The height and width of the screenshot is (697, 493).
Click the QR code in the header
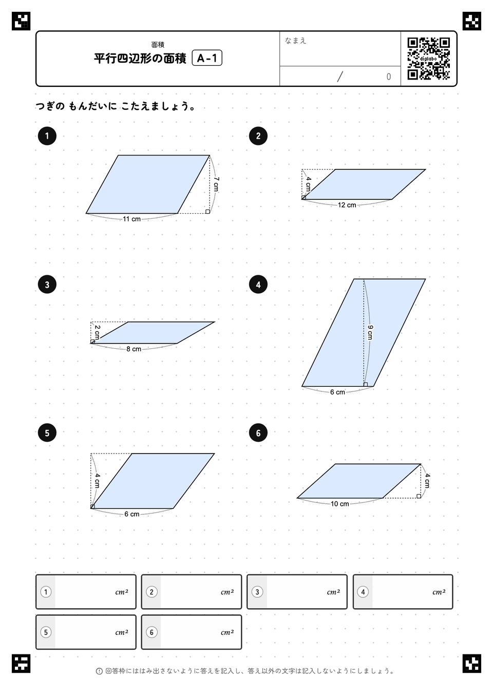pos(429,59)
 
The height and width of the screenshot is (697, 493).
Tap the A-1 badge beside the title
pos(207,58)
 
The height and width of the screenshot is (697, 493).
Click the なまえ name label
pos(295,41)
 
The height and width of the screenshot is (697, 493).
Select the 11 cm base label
pos(131,219)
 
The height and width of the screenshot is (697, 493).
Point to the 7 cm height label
pos(216,184)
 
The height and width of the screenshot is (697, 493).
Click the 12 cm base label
pos(347,205)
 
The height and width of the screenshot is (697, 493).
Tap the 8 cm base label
pos(134,349)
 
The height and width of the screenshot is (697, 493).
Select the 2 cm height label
pos(98,332)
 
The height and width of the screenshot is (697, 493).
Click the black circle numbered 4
pos(258,285)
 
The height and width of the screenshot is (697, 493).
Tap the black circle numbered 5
pos(47,433)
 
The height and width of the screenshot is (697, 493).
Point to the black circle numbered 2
pos(258,136)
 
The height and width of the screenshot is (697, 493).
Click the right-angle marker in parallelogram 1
pos(208,212)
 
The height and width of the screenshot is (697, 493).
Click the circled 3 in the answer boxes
pos(257,592)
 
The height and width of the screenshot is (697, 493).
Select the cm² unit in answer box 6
pos(227,633)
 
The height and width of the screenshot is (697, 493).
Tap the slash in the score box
pos(340,77)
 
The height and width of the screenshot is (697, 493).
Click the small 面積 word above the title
pos(158,45)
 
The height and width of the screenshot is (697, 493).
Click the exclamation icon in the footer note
pos(99,671)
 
